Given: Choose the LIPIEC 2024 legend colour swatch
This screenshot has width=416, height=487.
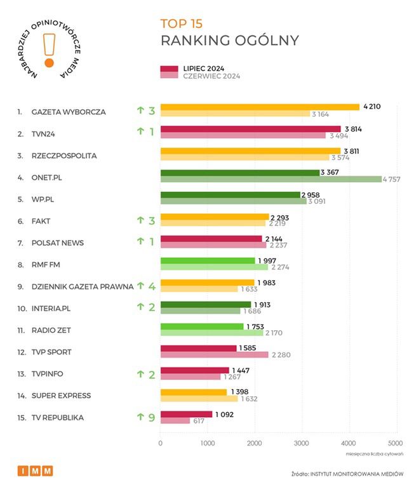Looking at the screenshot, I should point(168,69).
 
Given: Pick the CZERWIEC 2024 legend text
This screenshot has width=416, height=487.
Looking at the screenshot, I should point(211,76).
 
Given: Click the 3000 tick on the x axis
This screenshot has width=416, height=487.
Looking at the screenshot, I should point(301,443).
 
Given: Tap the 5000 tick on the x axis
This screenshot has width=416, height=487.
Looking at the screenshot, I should point(395,443).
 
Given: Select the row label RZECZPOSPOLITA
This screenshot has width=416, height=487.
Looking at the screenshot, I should point(64,156).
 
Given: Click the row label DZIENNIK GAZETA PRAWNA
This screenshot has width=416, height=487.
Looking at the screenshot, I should point(82,286).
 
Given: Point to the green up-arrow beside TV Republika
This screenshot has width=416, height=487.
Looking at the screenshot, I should point(140,417).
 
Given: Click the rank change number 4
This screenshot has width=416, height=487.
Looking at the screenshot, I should point(152,286).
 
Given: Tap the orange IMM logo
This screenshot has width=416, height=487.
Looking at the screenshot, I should point(35,470).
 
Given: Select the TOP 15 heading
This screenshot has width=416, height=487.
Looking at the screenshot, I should point(181,24).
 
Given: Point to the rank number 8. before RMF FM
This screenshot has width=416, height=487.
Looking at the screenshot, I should point(20,265).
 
